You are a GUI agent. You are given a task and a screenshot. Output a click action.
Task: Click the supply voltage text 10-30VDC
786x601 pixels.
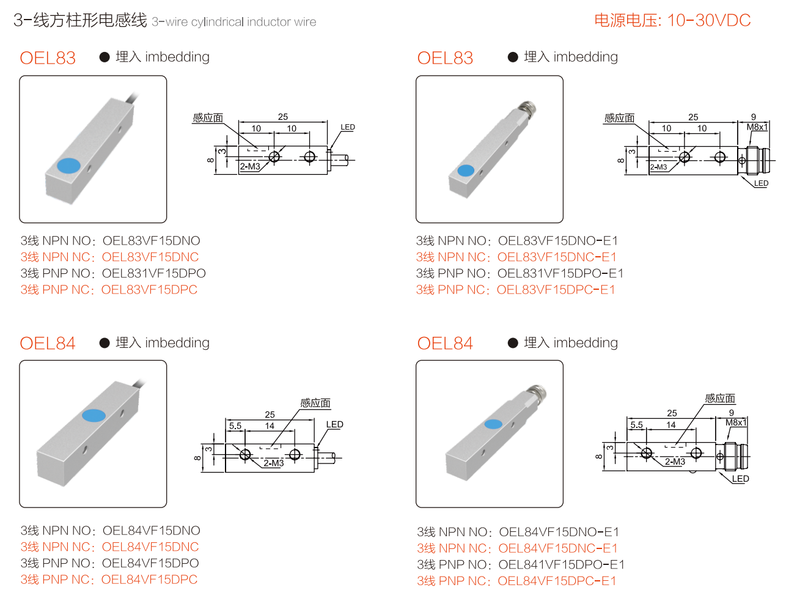(708, 20)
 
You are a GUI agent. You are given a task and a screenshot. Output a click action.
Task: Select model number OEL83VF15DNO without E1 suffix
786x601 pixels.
(151, 241)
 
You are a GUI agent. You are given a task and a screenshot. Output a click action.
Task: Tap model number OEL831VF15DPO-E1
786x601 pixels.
(560, 273)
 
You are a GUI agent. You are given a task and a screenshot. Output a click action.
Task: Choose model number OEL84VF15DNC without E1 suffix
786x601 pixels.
(150, 547)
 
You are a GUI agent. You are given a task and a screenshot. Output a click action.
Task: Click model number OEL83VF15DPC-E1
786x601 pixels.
(556, 289)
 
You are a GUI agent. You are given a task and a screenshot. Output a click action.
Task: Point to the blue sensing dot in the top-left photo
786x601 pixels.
(68, 166)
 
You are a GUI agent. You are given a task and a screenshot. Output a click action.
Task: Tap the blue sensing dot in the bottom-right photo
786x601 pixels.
(493, 424)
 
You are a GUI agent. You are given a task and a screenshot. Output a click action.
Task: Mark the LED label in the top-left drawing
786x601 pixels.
(347, 127)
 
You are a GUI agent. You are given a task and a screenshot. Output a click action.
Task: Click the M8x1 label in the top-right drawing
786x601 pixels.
(757, 127)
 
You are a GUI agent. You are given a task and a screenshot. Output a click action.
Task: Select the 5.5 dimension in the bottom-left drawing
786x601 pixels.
(235, 426)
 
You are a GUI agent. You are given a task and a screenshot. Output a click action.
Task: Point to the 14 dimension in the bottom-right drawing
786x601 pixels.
(670, 425)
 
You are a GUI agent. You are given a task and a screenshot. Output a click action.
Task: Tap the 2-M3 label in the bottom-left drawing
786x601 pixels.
(274, 463)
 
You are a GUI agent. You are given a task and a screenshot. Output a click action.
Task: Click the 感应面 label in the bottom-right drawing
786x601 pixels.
(720, 398)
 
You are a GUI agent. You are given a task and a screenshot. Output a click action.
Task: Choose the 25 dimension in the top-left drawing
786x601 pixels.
(282, 117)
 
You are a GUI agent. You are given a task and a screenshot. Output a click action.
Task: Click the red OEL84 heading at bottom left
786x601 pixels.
(48, 343)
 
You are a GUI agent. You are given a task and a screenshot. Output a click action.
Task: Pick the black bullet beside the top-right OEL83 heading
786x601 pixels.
(513, 57)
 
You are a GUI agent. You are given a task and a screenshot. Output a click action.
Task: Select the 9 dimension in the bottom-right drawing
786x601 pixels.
(731, 413)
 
